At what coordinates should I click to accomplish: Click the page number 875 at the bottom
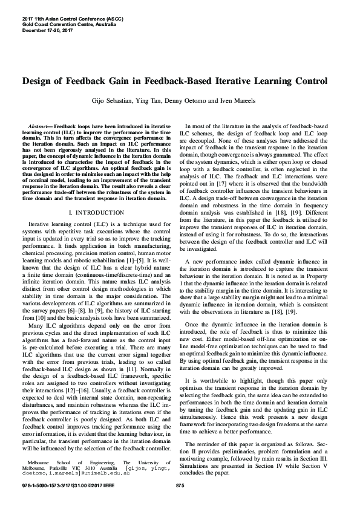[x=179, y=486]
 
